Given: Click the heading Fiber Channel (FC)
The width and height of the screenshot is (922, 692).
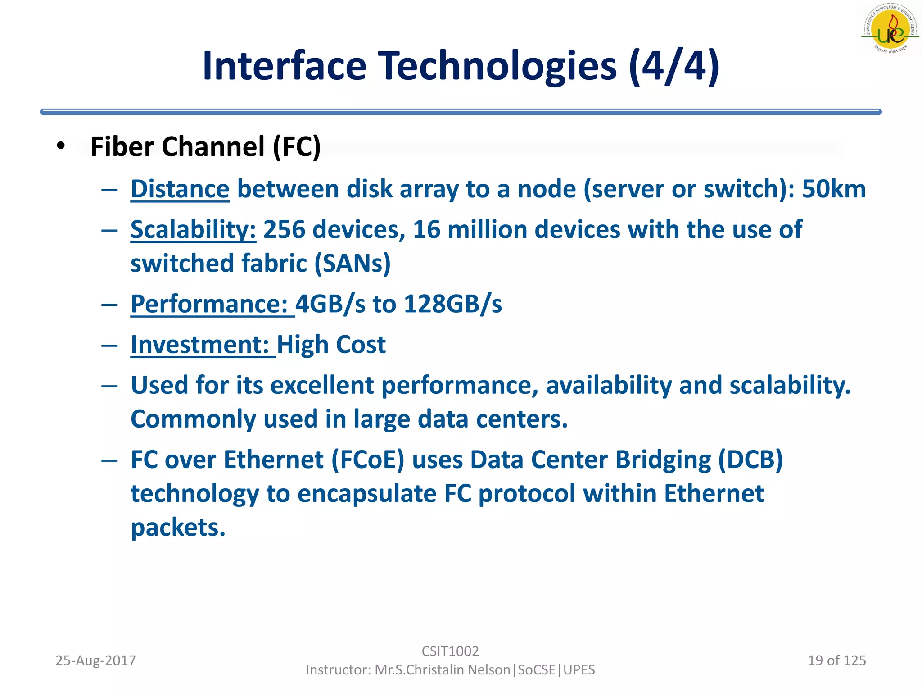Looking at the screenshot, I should click(205, 147).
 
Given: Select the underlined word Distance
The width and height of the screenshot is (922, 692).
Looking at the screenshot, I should click(180, 189).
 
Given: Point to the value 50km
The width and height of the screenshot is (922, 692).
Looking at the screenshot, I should click(834, 189).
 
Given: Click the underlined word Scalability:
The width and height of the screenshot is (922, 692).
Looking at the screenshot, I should click(193, 230).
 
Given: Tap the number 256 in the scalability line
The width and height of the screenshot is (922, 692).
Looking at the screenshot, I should click(284, 230).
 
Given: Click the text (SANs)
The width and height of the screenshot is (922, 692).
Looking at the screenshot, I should click(352, 264).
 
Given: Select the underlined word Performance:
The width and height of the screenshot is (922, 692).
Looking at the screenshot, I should click(209, 304).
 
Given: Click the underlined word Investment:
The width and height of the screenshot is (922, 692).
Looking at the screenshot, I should click(200, 345).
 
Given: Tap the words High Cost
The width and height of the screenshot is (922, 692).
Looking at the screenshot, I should click(331, 345).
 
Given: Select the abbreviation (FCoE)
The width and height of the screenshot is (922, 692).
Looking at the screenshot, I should click(368, 460).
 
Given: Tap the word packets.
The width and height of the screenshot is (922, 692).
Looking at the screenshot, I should click(178, 528).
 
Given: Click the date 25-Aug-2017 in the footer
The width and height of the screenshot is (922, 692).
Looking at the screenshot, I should click(95, 660).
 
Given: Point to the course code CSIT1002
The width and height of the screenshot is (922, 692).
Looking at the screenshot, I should click(450, 651).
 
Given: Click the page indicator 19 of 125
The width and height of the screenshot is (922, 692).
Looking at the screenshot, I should click(836, 660).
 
